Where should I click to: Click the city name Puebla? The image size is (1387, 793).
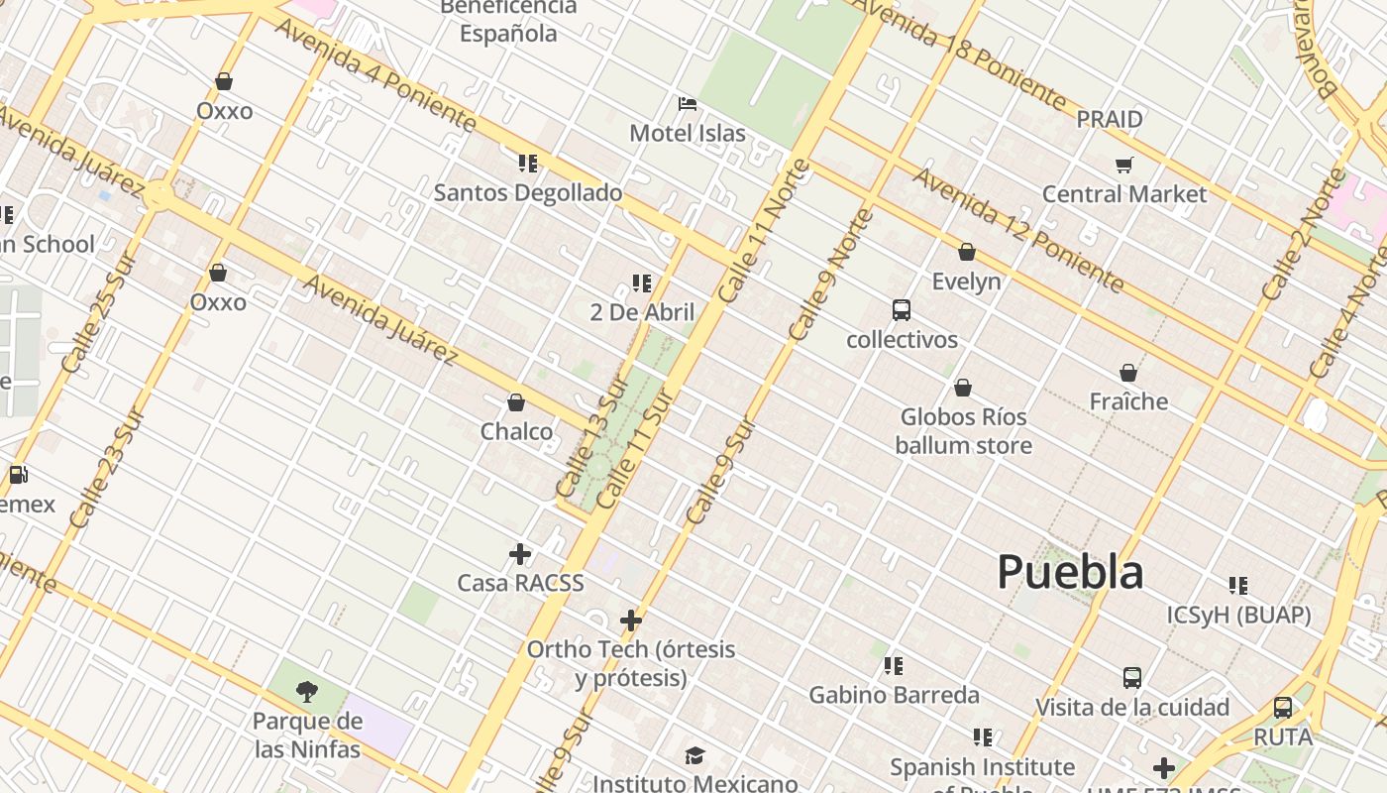(1070, 573)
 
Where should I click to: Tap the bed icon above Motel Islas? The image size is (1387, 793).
(688, 104)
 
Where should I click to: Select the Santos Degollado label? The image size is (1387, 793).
(528, 192)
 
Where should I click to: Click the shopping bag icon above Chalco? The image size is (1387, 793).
(516, 402)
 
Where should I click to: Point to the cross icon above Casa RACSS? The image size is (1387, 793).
(520, 554)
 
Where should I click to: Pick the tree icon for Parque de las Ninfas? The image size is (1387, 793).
(307, 692)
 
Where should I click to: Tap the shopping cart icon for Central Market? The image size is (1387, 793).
(1123, 165)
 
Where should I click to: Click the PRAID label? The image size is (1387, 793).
(1110, 119)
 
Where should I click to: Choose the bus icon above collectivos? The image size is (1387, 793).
(902, 310)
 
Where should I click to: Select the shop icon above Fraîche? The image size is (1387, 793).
(1128, 373)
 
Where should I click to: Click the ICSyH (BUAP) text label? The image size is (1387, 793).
(1238, 615)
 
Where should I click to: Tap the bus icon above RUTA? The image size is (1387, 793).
(1283, 708)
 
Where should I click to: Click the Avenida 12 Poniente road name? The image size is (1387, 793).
(1017, 231)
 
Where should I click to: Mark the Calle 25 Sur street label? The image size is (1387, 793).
(97, 313)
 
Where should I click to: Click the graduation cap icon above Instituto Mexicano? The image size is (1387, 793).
(695, 756)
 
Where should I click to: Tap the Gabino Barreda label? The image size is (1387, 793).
(895, 695)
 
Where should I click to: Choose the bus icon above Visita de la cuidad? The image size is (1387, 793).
(1132, 678)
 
